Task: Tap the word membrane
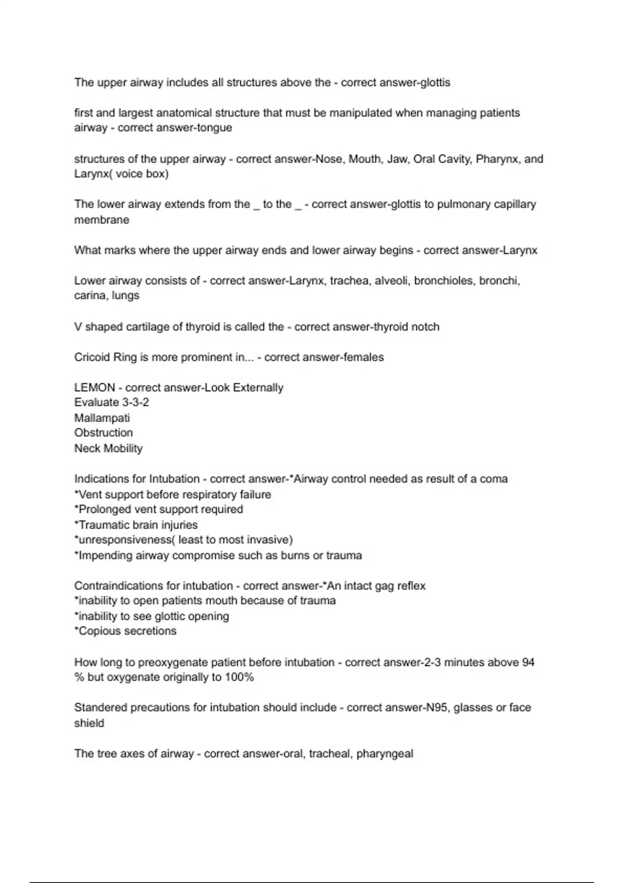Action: point(101,220)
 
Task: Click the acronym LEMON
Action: point(95,387)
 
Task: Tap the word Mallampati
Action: point(102,418)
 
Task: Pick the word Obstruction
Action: point(103,433)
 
